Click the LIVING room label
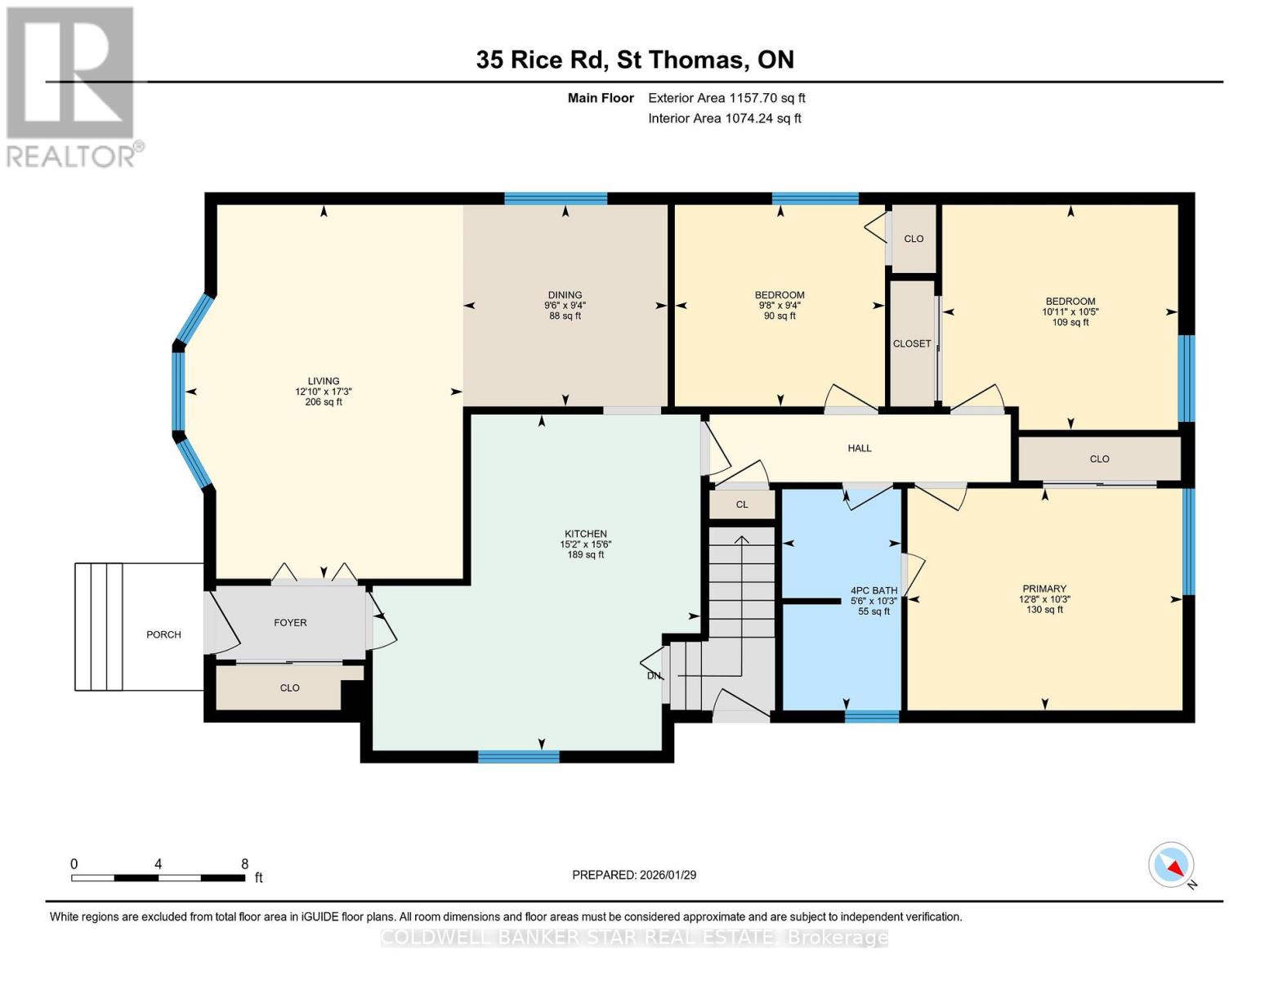coord(324,381)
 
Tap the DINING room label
coord(565,295)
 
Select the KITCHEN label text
coord(585,534)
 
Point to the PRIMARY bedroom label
coord(1043,589)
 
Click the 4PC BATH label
coord(874,590)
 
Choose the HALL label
coord(859,448)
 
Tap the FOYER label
coord(290,623)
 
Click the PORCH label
coord(163,634)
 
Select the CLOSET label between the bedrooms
coord(911,344)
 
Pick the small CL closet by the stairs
coord(741,504)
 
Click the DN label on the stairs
coord(654,676)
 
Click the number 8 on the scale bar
coord(244,863)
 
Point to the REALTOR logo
coord(72,87)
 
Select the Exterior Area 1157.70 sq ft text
coord(726,98)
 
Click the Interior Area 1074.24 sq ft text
coord(724,119)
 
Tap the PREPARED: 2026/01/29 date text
coord(634,875)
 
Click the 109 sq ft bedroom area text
coord(1070,322)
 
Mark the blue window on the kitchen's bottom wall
coord(518,756)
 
